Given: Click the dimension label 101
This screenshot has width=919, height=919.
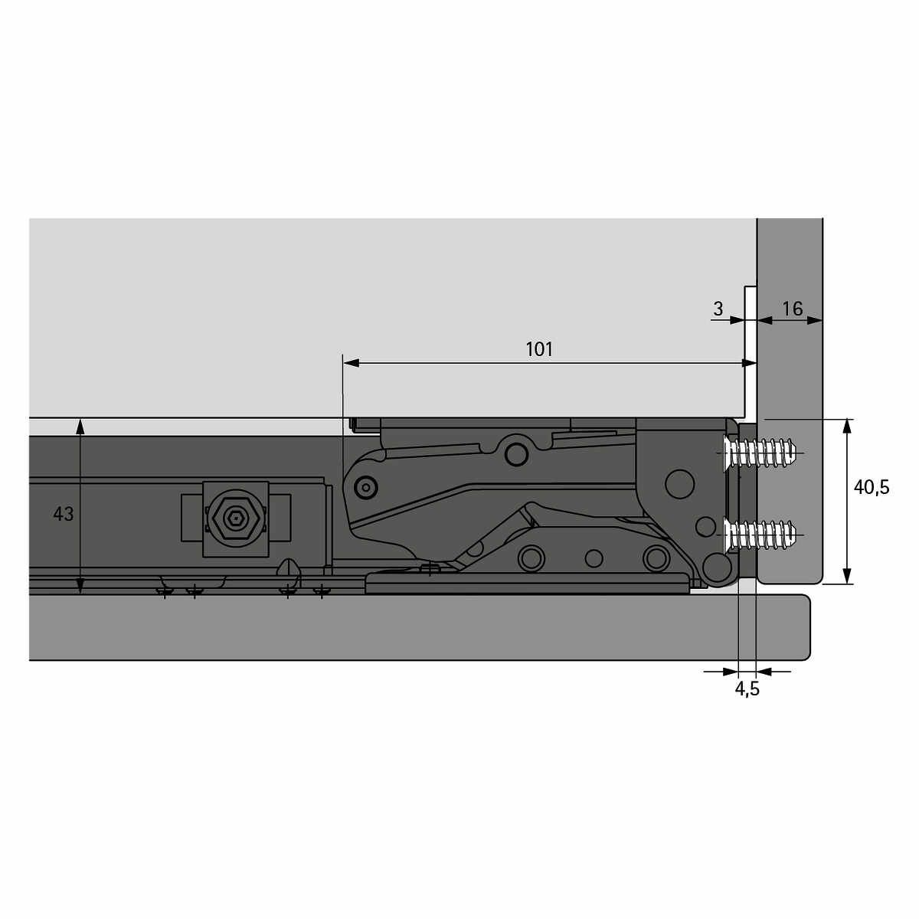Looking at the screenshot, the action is click(539, 349).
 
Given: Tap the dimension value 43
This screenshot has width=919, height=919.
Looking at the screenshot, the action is click(63, 514).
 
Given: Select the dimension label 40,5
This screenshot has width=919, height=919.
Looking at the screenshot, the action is click(872, 488).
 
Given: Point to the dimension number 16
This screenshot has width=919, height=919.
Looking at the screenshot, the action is click(792, 309).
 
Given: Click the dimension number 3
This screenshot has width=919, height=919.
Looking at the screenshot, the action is click(718, 309).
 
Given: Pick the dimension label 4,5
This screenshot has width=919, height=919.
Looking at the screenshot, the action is click(747, 688).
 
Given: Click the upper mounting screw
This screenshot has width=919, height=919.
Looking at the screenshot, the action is click(760, 452).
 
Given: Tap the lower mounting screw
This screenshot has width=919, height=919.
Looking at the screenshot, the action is click(760, 535).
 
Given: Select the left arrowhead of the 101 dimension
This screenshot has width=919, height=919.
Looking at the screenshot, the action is click(351, 364).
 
